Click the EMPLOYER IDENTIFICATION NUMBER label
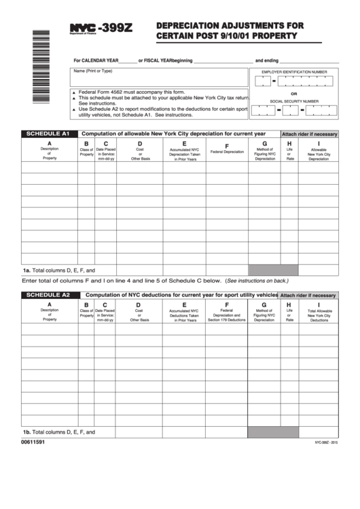pos(294,71)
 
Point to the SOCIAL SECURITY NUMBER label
pos(294,101)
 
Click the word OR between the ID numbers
pos(294,94)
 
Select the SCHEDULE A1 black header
pos(48,134)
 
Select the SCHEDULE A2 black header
pos(48,295)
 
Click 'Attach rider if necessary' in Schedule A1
pos(309,135)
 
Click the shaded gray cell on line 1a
pos(265,270)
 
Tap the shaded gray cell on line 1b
pos(265,432)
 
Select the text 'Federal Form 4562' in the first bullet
pos(103,92)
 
